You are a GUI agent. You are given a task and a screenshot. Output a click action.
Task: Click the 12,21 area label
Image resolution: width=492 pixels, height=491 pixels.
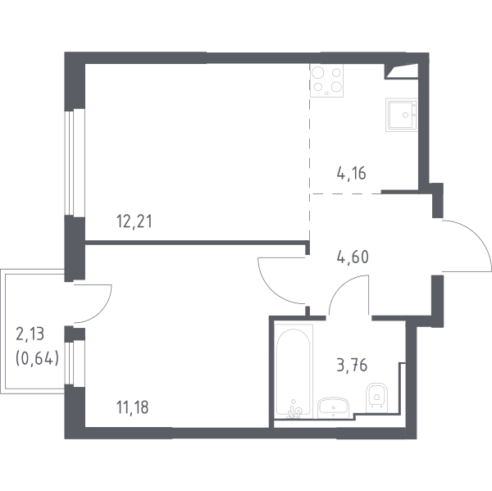pos(134,222)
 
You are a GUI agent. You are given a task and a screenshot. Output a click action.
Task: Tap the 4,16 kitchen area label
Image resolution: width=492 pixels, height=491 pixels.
pos(352,173)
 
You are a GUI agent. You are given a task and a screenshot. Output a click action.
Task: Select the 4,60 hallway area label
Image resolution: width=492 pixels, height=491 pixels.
pos(353,257)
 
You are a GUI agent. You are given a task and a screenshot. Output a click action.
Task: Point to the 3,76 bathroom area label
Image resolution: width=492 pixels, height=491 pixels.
pos(352,366)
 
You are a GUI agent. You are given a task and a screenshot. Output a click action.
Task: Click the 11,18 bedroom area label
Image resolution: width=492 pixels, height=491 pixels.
pos(132,407)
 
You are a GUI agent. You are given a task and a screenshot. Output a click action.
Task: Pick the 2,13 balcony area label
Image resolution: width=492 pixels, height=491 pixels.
pos(30,334)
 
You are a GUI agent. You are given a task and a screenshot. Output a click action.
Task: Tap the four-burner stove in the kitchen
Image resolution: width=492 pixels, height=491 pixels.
pos(326,80)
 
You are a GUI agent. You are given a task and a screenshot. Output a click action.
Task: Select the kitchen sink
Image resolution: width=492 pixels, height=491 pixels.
pos(402,115)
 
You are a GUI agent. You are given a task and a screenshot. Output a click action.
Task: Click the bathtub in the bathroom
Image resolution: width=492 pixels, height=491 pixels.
pos(294,371)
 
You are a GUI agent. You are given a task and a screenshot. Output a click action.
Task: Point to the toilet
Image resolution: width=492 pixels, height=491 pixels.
pos(377,398)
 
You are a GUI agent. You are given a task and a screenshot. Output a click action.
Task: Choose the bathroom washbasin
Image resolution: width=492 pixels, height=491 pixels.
pos(333,407)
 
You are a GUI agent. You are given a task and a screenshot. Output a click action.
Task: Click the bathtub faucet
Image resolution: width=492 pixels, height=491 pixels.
pos(294,411)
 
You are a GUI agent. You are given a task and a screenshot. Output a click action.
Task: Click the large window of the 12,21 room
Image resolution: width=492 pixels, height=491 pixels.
pos(75,163)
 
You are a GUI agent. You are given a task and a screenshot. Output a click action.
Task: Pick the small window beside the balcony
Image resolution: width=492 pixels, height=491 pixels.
pos(75,364)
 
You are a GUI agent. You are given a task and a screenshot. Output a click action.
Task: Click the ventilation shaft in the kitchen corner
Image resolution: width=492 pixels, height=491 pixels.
pos(401,71)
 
